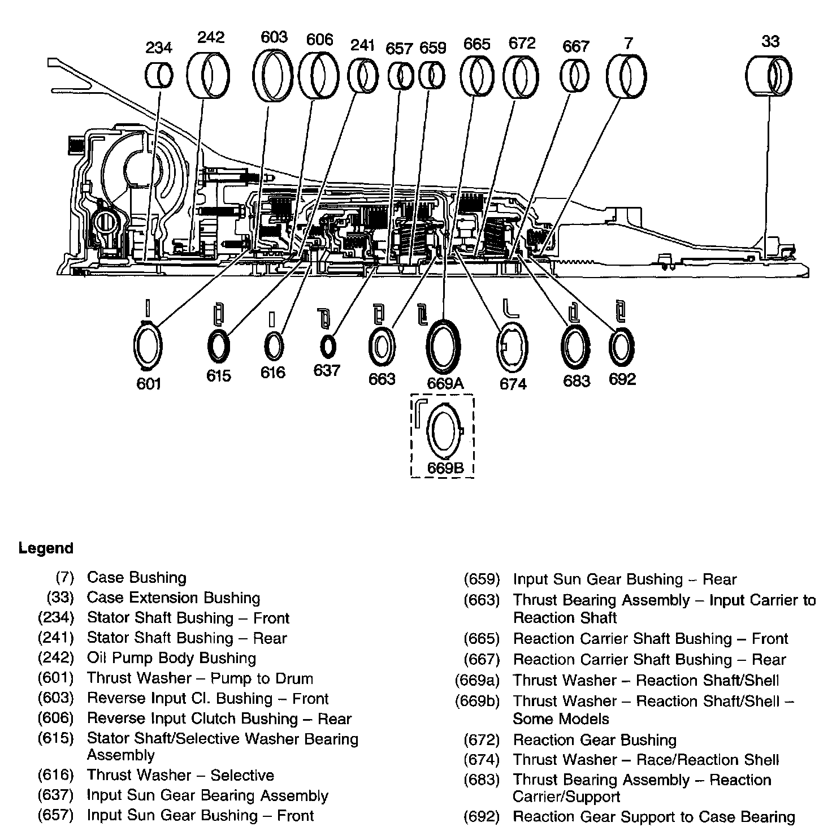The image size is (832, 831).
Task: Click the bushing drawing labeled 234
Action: point(158,75)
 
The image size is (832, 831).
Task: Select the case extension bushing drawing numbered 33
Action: point(768,77)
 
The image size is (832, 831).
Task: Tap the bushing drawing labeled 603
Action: point(274,75)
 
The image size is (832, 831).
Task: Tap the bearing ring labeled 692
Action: point(622,346)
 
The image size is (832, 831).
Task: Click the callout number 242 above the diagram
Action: point(210,37)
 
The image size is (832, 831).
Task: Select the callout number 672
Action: point(522,44)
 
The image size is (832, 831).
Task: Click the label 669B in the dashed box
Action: point(445,468)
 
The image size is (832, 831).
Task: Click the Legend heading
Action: point(46,548)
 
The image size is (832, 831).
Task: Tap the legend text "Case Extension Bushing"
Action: point(174,598)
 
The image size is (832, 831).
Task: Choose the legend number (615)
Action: point(56,738)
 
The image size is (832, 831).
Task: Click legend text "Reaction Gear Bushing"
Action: point(594,739)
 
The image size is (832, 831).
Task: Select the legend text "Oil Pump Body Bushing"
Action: point(171,658)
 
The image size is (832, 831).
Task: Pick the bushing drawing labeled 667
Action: point(576,76)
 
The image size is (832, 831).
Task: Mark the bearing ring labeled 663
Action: point(382,346)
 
